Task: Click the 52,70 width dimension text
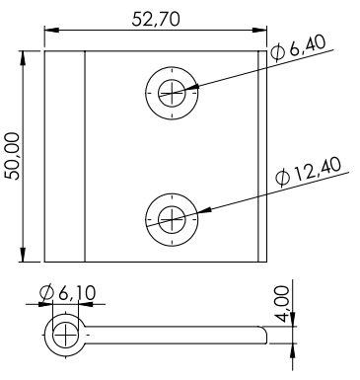(x=156, y=19)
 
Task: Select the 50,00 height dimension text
(x=13, y=156)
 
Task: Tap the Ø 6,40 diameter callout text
(x=299, y=48)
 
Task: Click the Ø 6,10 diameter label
(x=67, y=293)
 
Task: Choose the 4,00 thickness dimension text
(x=282, y=304)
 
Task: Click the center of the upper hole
(x=172, y=93)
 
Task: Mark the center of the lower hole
(x=172, y=219)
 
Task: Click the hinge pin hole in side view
(x=65, y=335)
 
